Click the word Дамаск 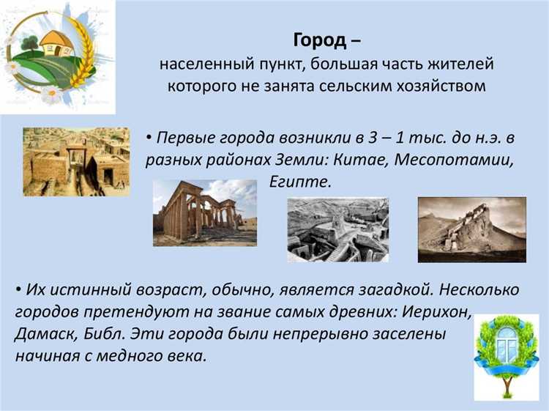click(x=45, y=334)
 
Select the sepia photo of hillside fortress click(x=471, y=229)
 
